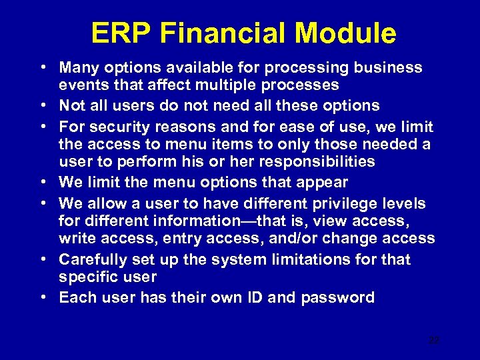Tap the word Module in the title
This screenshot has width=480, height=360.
[x=352, y=33]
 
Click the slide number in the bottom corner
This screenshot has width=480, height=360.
[x=434, y=340]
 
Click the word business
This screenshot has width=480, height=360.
[x=391, y=67]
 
